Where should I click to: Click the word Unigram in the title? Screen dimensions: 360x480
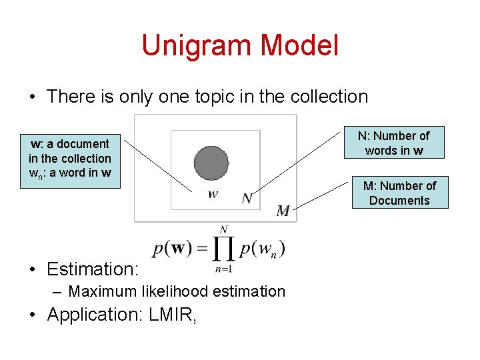(197, 45)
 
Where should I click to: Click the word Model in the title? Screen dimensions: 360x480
(299, 45)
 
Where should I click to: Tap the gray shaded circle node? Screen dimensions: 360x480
(211, 162)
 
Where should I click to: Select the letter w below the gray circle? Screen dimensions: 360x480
(213, 195)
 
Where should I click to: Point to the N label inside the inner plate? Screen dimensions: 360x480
(247, 197)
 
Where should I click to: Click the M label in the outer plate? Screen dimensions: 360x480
(283, 211)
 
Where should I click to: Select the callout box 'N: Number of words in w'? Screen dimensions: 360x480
(393, 143)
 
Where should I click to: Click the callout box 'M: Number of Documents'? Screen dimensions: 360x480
(399, 193)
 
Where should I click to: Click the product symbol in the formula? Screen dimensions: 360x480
(224, 249)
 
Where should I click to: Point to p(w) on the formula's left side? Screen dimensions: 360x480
(172, 249)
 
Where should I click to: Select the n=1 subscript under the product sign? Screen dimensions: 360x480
(223, 269)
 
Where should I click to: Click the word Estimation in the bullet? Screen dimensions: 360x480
(91, 269)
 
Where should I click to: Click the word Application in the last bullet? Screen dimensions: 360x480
(93, 315)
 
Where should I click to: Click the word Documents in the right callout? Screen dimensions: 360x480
(399, 201)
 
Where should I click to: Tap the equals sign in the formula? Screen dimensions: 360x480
(201, 249)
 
